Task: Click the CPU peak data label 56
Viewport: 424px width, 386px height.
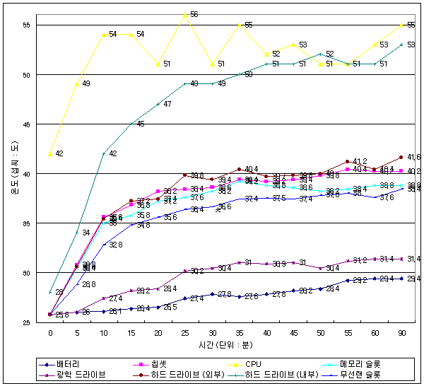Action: click(194, 14)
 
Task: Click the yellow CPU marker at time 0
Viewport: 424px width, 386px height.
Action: click(50, 153)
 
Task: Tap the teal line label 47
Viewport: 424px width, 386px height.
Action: click(167, 105)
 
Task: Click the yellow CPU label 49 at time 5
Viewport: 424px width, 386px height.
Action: click(86, 83)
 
